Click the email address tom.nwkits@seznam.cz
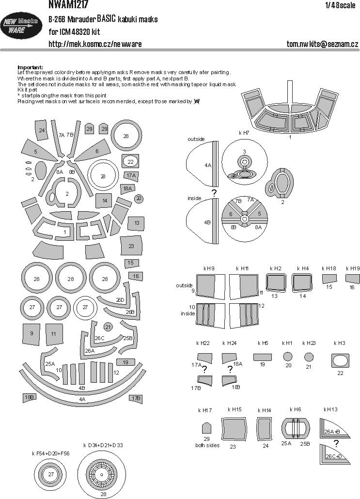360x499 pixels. [x=322, y=44]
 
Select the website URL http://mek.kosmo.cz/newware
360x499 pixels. [x=95, y=44]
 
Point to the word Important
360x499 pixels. [x=30, y=67]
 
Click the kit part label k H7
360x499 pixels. [x=244, y=132]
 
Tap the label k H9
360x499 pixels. [x=209, y=268]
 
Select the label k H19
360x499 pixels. [x=353, y=268]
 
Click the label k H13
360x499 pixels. [x=330, y=410]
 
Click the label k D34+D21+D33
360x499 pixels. [x=103, y=445]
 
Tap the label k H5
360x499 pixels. [x=263, y=343]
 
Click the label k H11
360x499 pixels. [x=242, y=268]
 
